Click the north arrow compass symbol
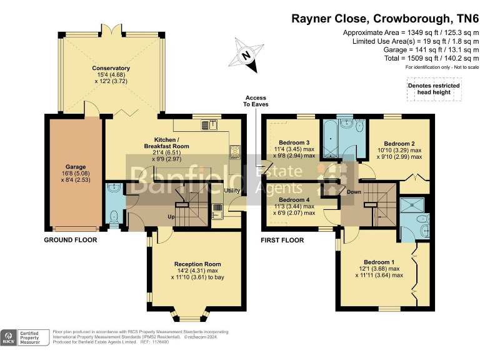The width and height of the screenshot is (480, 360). [246, 54]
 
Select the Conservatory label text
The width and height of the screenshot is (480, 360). [111, 68]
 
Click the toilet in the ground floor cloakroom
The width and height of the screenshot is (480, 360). [114, 216]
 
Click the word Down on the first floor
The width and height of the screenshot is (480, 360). [354, 192]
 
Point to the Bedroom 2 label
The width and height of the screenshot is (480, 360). [400, 143]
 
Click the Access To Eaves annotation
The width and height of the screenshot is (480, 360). [256, 101]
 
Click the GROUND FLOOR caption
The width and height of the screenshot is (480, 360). [68, 240]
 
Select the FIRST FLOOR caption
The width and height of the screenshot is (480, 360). [282, 240]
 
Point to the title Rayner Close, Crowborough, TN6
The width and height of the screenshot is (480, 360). [385, 18]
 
